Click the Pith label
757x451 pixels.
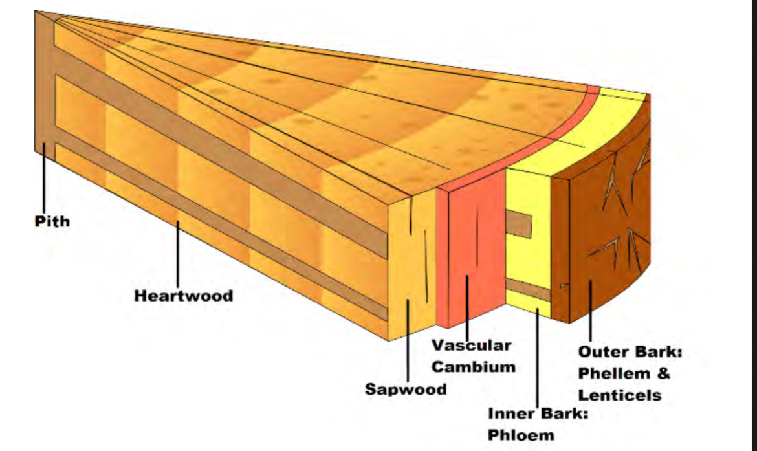[52, 222]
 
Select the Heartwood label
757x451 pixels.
[183, 296]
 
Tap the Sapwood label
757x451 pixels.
[405, 389]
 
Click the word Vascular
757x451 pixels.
[471, 345]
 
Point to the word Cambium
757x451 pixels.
[474, 367]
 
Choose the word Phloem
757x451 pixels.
[521, 435]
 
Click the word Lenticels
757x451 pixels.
[619, 395]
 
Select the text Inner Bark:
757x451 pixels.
[538, 413]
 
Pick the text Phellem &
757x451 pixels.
[624, 373]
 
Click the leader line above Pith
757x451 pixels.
[44, 178]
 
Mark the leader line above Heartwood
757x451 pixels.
[179, 252]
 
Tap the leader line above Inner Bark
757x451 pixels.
[538, 356]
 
